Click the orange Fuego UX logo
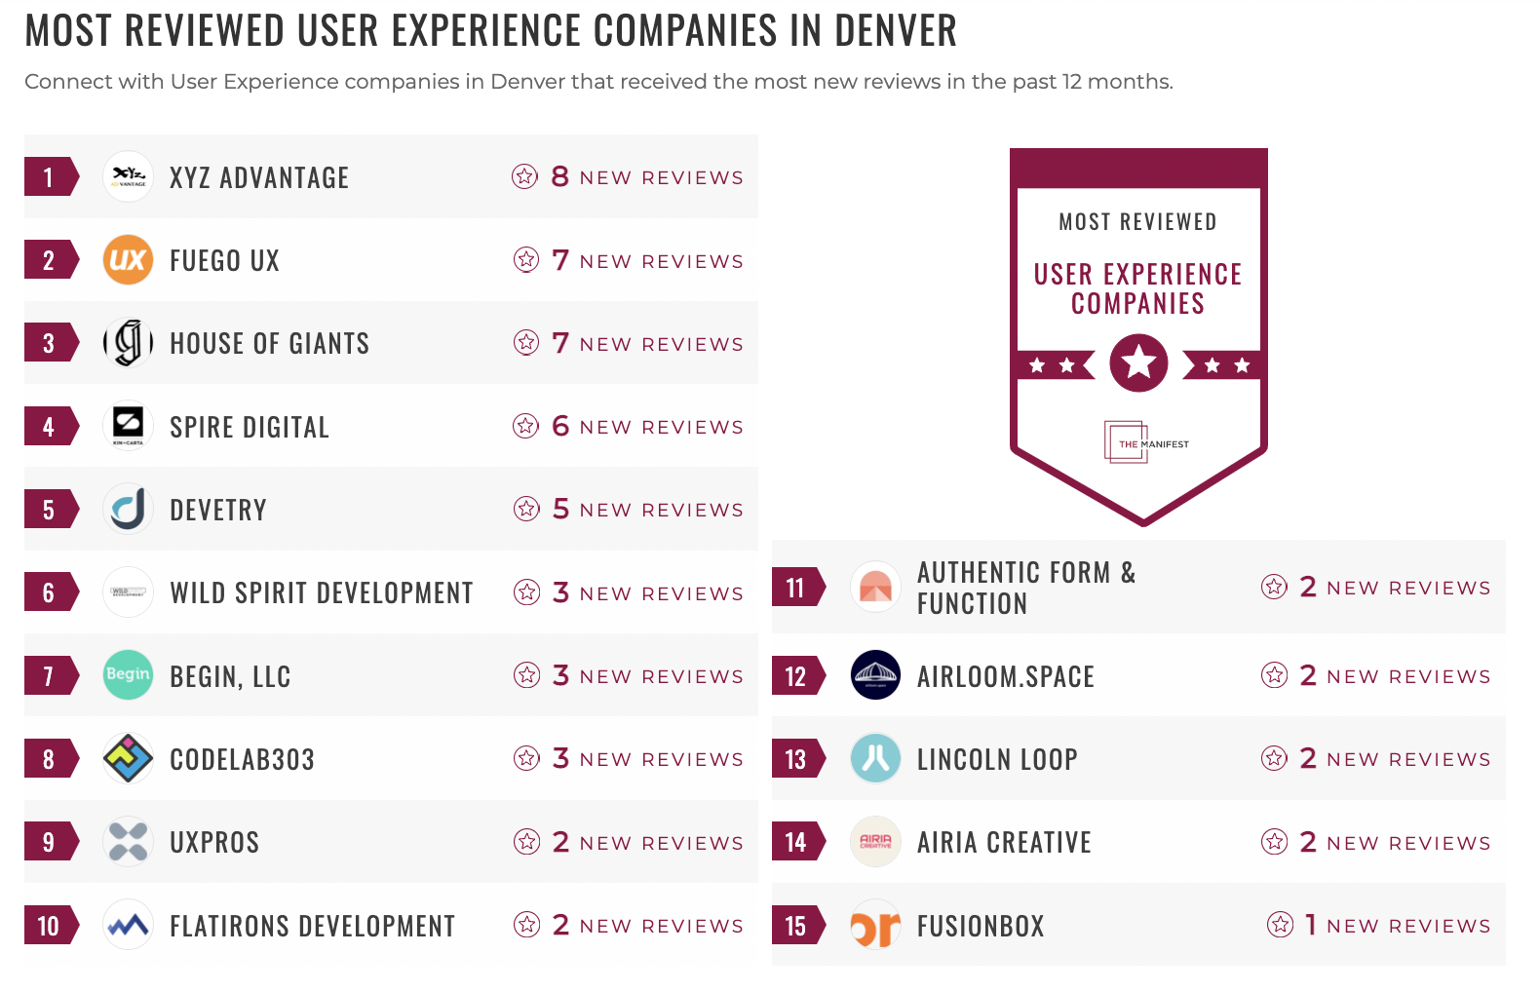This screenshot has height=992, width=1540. click(128, 260)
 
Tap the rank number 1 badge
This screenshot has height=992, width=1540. click(50, 177)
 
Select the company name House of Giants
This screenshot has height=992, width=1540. click(269, 344)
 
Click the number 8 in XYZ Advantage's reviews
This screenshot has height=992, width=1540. click(559, 176)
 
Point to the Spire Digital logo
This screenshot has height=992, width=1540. click(128, 426)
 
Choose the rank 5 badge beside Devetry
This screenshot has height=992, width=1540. click(50, 510)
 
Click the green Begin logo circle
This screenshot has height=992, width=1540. click(128, 674)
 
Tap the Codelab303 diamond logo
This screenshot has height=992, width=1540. click(128, 758)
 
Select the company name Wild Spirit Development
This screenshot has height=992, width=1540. click(321, 593)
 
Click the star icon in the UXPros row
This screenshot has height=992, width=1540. click(527, 842)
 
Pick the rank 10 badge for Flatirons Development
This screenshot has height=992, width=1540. click(50, 926)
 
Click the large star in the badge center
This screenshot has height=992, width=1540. click(1138, 363)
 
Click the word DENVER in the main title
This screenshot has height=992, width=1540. click(895, 31)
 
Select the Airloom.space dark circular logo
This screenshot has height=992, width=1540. click(875, 674)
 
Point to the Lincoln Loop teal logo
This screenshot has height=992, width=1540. click(875, 758)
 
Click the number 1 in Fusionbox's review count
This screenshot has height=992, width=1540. click(1311, 924)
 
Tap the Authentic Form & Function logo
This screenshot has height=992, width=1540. click(875, 587)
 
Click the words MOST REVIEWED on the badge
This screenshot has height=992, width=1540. click(1137, 222)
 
